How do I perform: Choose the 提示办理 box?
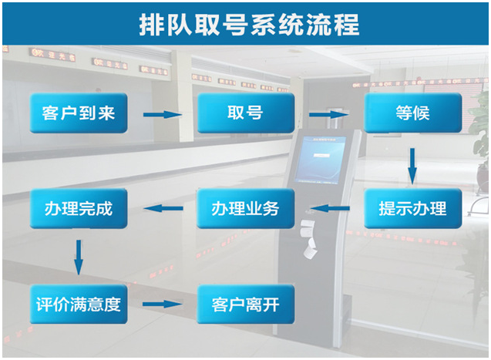pos(412,208)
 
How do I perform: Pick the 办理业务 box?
pos(245,208)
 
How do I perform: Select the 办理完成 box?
pos(79,208)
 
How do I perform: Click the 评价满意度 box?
pos(79,304)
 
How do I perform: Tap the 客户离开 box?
pos(245,304)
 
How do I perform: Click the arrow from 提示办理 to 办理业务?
pos(329,208)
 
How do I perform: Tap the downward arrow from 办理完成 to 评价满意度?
pos(78,257)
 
